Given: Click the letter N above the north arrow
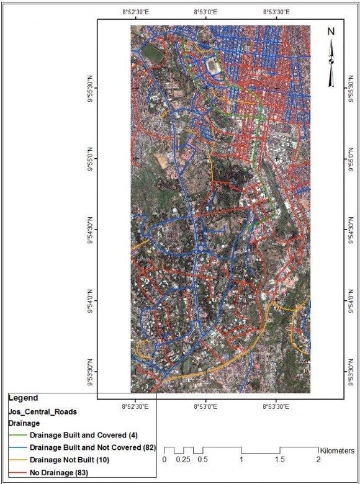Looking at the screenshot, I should coord(331,31).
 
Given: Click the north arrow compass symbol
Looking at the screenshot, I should coord(331,61).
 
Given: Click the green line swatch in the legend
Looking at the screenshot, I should coord(18,435).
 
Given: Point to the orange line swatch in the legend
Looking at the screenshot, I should coord(18,460).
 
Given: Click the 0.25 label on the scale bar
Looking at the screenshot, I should coord(182,460).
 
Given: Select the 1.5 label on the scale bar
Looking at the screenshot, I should coord(280,460).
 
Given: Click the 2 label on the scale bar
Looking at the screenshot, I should coord(318,460).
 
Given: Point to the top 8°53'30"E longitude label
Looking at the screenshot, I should coord(277,12).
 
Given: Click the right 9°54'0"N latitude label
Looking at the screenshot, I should coord(353,300).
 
